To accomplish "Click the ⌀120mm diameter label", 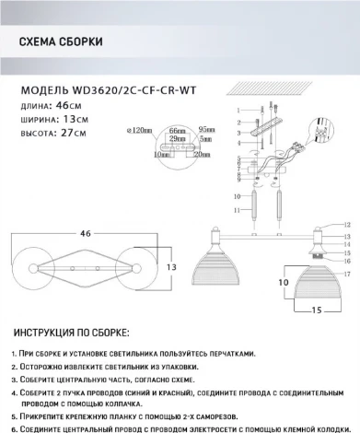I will [x=137, y=131].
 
